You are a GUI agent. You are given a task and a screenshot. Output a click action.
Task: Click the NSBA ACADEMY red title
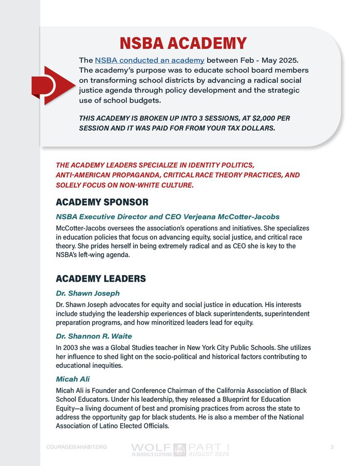(183, 43)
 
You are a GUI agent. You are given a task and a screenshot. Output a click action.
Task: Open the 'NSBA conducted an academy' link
(149, 60)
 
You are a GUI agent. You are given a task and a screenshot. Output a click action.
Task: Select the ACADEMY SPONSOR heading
(102, 201)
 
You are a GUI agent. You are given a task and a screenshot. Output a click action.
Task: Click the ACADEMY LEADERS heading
(100, 279)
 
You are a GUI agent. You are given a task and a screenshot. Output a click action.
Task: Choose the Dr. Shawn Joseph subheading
(88, 293)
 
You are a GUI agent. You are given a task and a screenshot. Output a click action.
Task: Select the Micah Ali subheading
(73, 379)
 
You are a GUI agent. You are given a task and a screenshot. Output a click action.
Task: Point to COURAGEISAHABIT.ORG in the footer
(76, 447)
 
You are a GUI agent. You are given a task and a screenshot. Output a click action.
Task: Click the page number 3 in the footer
(332, 446)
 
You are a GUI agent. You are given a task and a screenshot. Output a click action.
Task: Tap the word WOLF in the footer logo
(150, 446)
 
